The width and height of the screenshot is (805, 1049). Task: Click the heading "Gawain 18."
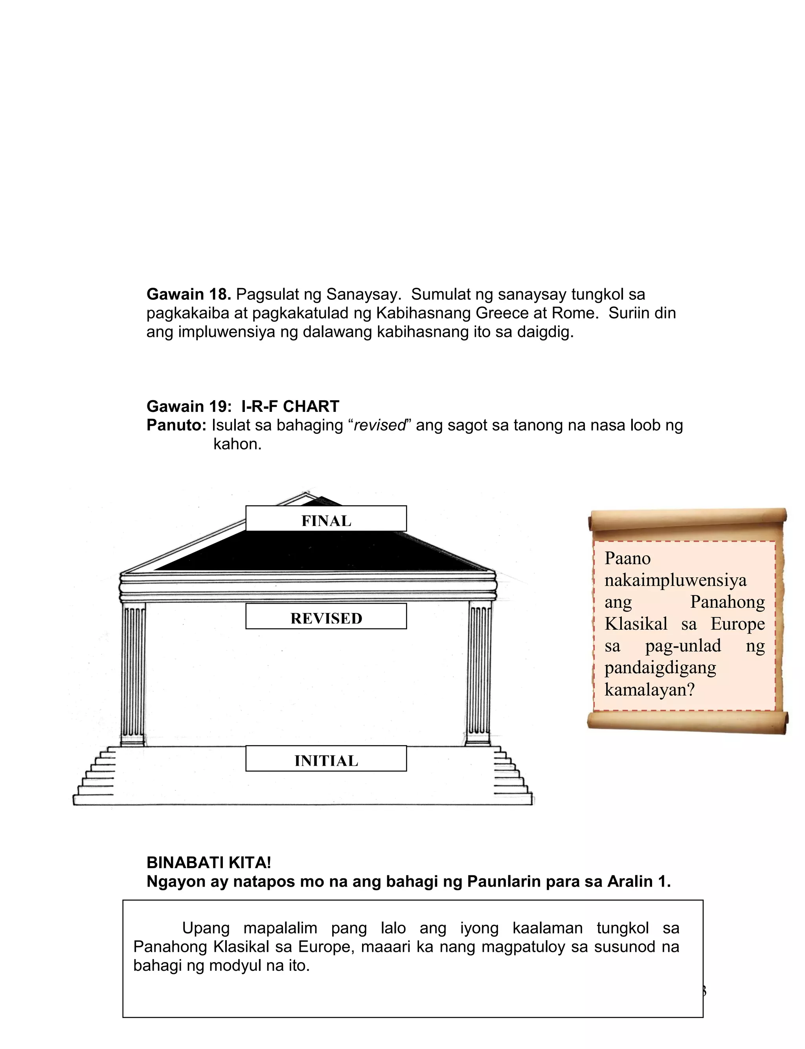point(189,294)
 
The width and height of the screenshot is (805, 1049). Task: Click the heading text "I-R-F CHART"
point(290,406)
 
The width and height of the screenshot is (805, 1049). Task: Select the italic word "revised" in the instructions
point(379,425)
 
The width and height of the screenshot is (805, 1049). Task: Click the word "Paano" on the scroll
point(627,558)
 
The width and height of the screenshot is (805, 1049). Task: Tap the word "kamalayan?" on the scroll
point(649,689)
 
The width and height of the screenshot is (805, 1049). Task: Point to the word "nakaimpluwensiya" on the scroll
point(675,580)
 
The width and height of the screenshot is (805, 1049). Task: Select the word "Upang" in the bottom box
point(206,928)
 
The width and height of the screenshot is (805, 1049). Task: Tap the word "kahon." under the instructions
point(238,444)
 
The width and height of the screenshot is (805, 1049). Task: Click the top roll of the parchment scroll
point(687,519)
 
